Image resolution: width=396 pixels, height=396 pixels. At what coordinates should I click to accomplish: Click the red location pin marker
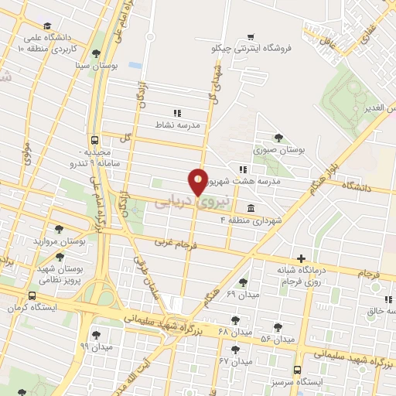click(x=198, y=183)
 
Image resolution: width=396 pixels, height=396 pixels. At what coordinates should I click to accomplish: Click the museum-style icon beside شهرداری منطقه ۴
click(x=251, y=208)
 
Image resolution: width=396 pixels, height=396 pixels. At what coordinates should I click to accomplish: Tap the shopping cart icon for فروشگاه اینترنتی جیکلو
click(x=250, y=36)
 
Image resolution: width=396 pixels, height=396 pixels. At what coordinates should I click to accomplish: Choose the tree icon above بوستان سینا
click(x=95, y=54)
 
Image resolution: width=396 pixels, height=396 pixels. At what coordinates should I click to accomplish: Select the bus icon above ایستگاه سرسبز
click(x=298, y=371)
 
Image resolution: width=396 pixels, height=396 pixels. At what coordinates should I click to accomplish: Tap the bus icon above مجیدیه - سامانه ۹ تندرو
click(x=94, y=140)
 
